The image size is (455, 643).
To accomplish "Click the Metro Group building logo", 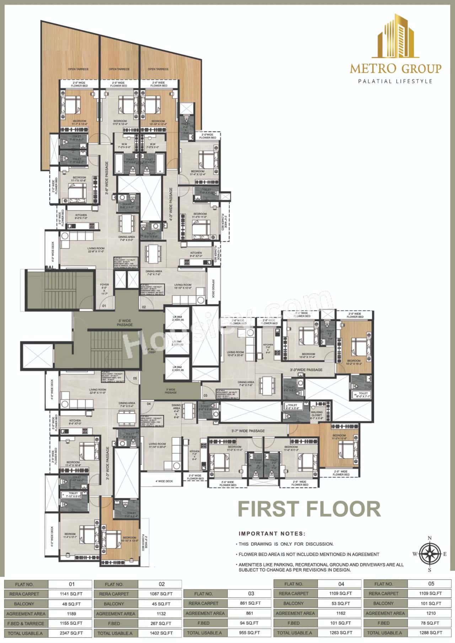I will [x=395, y=36].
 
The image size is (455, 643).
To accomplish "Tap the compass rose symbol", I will [x=429, y=553].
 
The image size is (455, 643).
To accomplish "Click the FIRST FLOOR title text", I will [x=309, y=509].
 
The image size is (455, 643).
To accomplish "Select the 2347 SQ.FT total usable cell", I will [x=70, y=633].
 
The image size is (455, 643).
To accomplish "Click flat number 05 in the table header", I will [x=430, y=584].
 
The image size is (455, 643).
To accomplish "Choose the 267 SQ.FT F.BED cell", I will [x=160, y=623].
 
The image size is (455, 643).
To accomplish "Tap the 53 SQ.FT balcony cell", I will [x=341, y=603].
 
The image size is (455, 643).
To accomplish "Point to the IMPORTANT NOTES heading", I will [x=272, y=534].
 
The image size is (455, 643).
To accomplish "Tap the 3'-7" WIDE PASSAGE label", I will [x=248, y=431].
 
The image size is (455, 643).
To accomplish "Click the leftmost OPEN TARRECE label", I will [x=78, y=69].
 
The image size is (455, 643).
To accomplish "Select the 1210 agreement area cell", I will [x=430, y=613].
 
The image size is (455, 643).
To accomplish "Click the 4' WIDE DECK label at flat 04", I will [x=164, y=481].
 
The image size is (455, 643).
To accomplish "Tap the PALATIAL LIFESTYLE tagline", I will [x=395, y=81].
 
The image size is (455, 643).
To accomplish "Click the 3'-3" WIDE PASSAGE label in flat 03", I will [x=306, y=370].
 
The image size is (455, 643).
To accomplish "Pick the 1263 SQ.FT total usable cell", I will [x=341, y=633].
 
